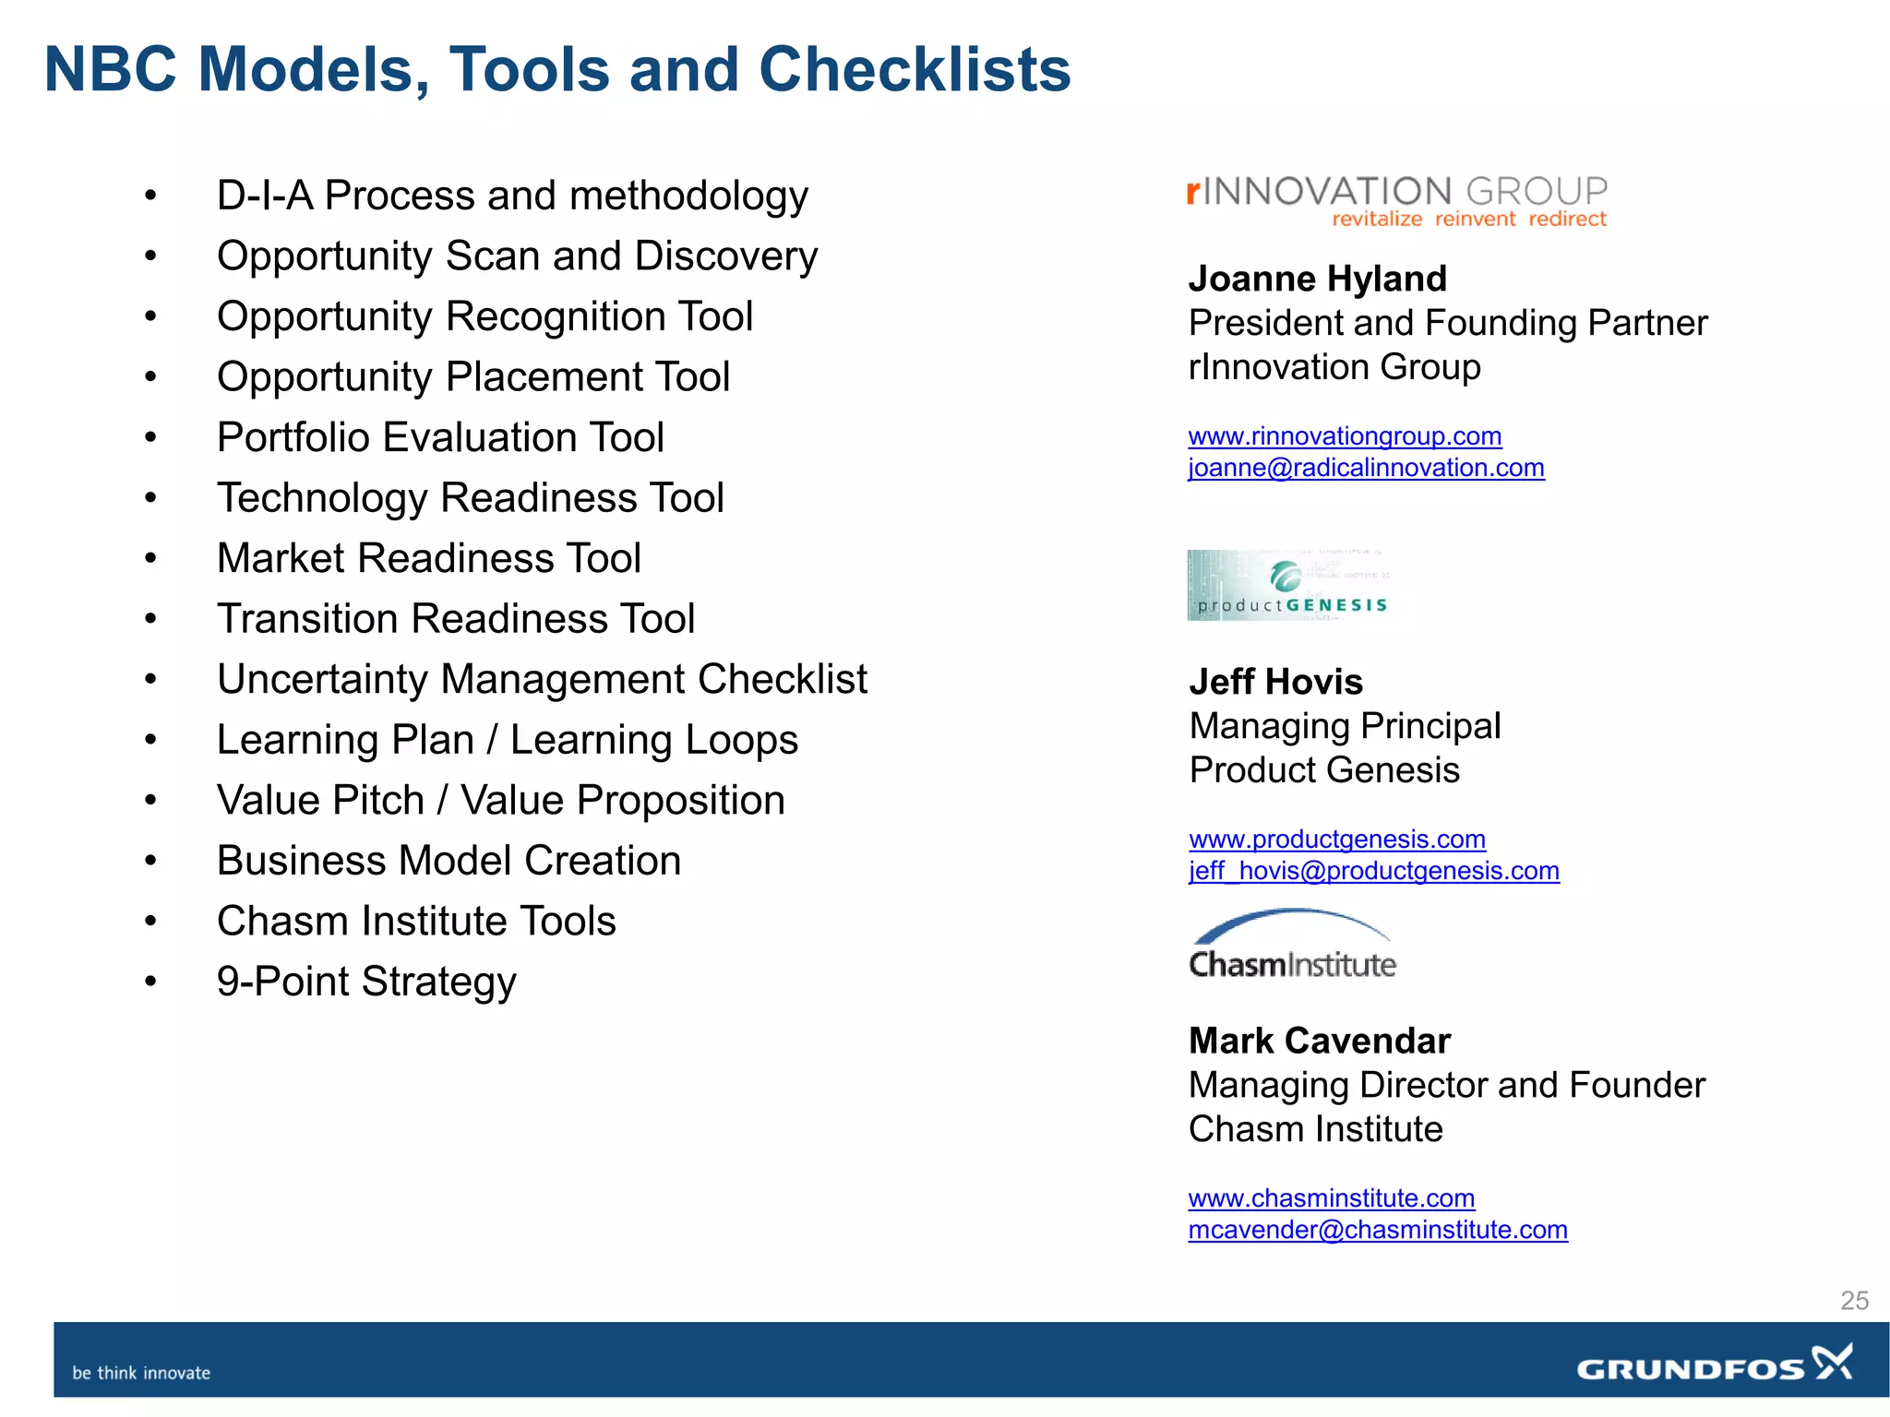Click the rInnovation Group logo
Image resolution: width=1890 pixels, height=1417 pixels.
tap(1396, 200)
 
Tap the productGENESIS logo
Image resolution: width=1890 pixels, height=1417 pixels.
tap(1288, 585)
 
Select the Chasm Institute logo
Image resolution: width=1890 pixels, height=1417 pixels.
tap(1292, 946)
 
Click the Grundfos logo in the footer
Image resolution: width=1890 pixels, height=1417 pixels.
tap(1714, 1365)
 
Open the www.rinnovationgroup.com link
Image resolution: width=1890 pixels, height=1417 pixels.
tap(1345, 435)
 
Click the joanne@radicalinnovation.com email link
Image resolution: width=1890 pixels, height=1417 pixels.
tap(1366, 468)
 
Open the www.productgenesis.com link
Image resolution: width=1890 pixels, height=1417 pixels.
tap(1337, 839)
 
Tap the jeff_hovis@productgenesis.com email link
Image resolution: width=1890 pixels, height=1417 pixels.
tap(1374, 871)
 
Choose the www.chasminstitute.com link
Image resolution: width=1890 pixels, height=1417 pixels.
tap(1332, 1197)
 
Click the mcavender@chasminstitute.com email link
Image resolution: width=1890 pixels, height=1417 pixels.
tap(1378, 1230)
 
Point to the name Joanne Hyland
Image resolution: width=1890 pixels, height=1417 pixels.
tap(1317, 279)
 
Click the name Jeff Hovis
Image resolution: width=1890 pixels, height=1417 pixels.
tap(1275, 682)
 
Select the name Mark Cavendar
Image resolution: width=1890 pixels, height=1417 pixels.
tap(1319, 1041)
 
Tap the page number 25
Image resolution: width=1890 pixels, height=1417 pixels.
tap(1854, 1300)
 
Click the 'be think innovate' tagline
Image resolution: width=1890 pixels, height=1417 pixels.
tap(141, 1373)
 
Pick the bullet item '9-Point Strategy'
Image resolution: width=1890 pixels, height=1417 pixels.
tap(366, 982)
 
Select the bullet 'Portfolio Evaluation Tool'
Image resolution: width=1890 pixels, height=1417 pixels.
tap(440, 437)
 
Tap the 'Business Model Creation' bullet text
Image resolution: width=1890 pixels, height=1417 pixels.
tap(449, 861)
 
